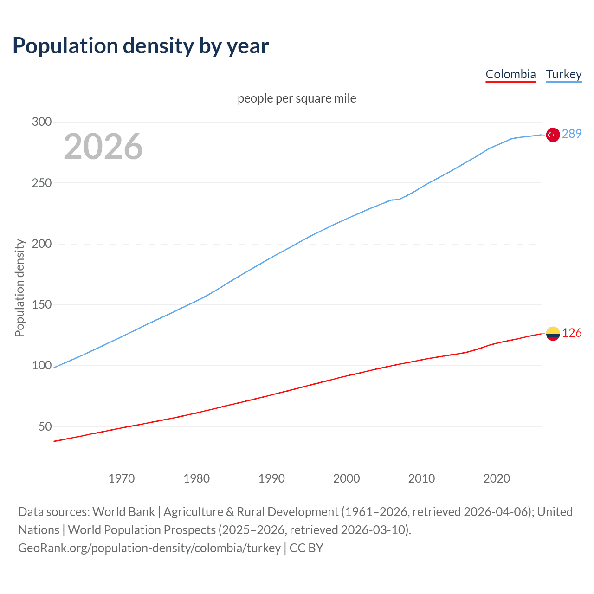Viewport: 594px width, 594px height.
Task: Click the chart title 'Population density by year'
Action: click(x=141, y=46)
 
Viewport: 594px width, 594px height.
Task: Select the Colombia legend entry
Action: click(x=510, y=74)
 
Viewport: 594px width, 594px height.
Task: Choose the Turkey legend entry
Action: click(x=563, y=74)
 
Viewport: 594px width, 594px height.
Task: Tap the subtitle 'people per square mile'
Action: click(x=297, y=98)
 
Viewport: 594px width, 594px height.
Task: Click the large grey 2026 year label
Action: click(x=103, y=147)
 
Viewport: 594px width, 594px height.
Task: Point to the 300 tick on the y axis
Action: click(x=42, y=122)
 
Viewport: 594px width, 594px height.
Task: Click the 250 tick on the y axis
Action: click(x=42, y=183)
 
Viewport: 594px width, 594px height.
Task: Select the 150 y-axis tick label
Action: click(x=42, y=305)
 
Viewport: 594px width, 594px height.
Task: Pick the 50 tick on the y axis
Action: click(x=45, y=426)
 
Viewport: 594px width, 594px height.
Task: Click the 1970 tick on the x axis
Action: click(x=122, y=478)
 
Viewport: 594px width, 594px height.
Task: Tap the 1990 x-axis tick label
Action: click(x=271, y=478)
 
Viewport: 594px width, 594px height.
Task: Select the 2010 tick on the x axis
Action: click(x=421, y=478)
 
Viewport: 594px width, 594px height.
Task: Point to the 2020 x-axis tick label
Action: click(x=497, y=478)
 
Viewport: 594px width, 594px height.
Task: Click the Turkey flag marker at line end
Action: click(x=553, y=135)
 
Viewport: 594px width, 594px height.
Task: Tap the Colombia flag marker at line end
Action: click(x=553, y=334)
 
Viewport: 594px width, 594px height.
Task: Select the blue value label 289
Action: click(x=571, y=134)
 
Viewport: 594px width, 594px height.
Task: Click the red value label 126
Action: click(x=572, y=333)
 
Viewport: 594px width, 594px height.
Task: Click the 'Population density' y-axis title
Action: click(x=19, y=288)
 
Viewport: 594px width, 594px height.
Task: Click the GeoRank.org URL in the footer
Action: click(x=149, y=548)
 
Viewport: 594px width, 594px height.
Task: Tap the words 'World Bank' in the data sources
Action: click(x=123, y=512)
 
